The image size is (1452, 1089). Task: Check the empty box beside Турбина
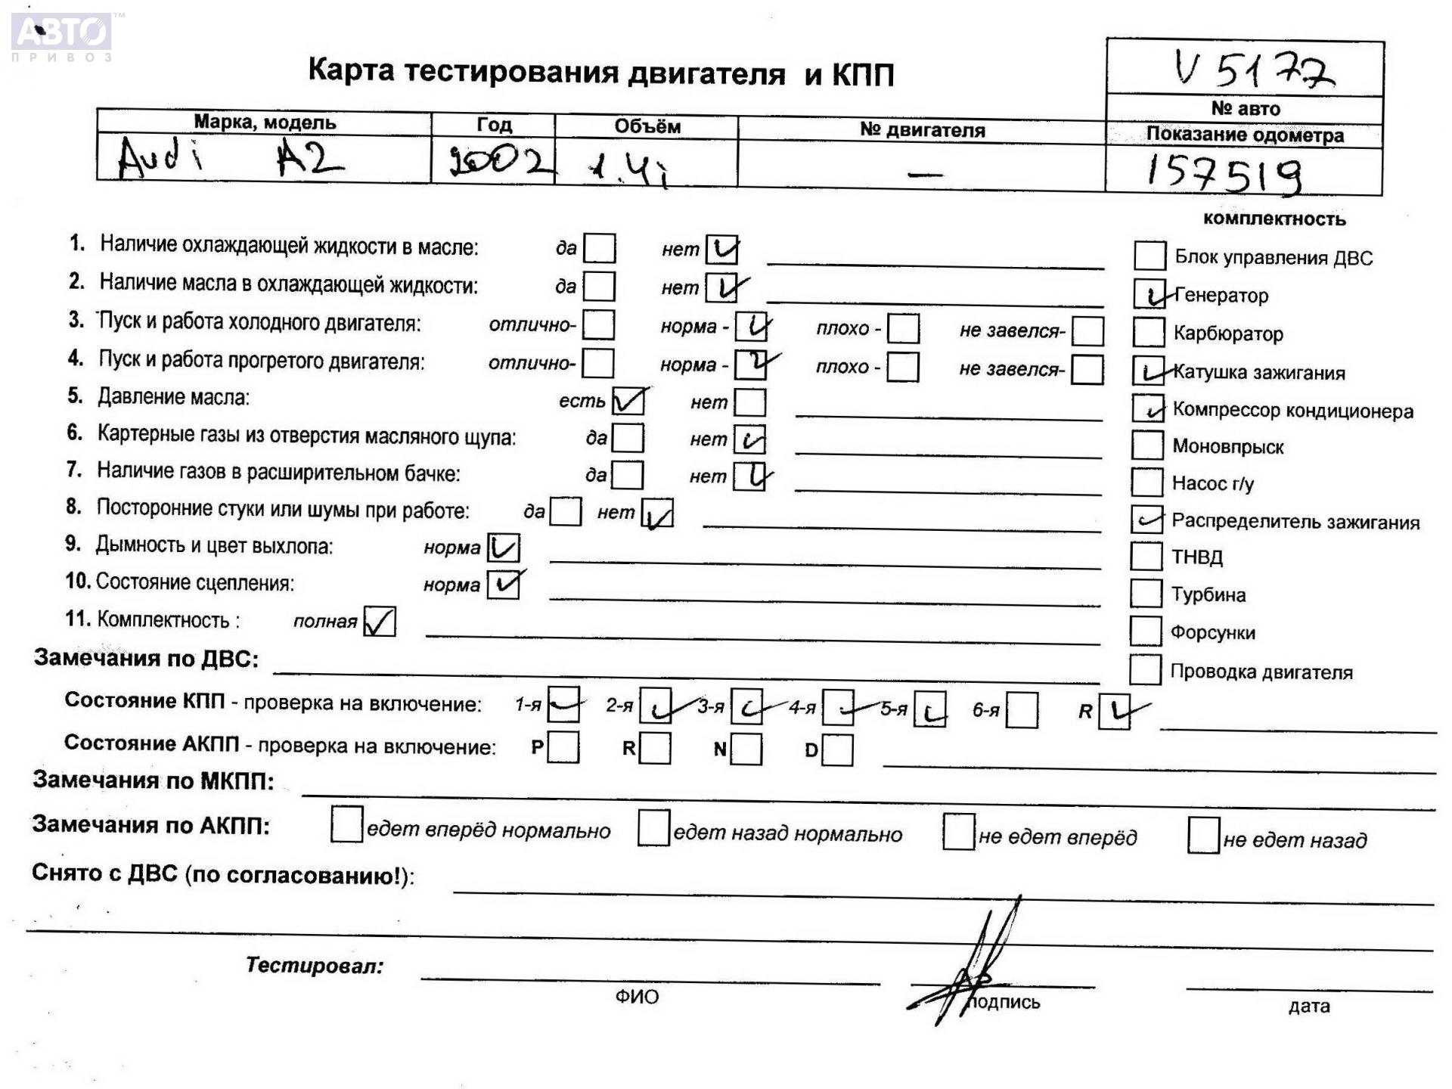(x=1146, y=594)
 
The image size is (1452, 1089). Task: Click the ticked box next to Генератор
(x=1149, y=294)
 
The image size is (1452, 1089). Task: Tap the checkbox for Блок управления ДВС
(x=1149, y=256)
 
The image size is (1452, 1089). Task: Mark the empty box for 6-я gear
(x=1022, y=710)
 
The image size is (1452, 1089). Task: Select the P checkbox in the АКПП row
(x=563, y=747)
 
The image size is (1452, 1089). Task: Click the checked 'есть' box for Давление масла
(x=628, y=401)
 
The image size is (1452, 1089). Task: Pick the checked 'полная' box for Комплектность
(x=380, y=622)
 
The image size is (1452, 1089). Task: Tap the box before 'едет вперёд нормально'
(x=346, y=824)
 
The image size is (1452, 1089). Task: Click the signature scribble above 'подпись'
(x=976, y=968)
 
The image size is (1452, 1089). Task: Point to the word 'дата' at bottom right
(x=1309, y=1006)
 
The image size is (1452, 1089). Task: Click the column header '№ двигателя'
(x=922, y=130)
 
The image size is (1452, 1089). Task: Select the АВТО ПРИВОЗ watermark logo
(x=62, y=36)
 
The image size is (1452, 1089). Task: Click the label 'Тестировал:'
(x=315, y=965)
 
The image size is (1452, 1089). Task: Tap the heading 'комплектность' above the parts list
(x=1274, y=219)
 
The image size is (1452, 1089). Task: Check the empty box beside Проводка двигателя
(x=1145, y=669)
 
